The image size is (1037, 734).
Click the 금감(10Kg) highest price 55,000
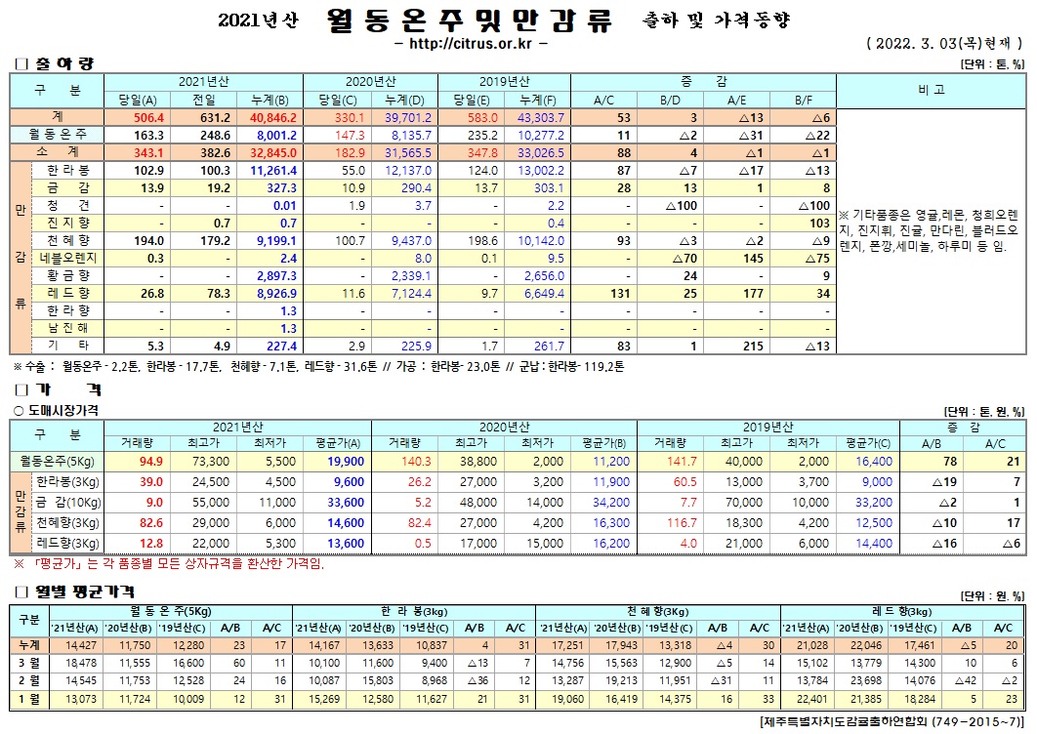pyautogui.click(x=210, y=502)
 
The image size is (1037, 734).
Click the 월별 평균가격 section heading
pyautogui.click(x=78, y=591)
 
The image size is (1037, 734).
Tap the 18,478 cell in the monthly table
pyautogui.click(x=79, y=663)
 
